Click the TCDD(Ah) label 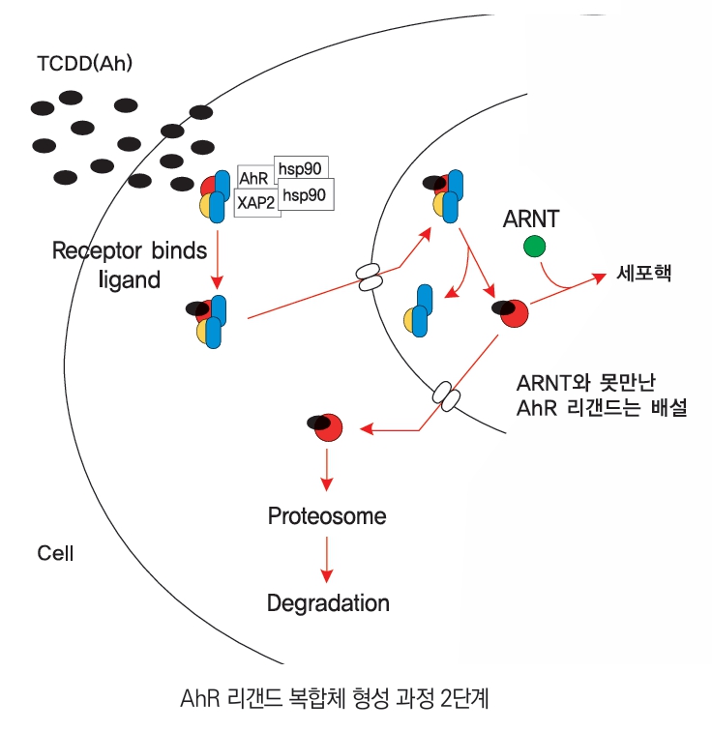[84, 66]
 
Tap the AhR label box [254, 179]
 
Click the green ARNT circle [533, 247]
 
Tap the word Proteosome [327, 515]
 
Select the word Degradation [328, 603]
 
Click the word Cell [55, 554]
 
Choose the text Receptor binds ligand [130, 265]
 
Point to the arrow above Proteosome [327, 469]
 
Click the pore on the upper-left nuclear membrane [369, 278]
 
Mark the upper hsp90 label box [299, 168]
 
